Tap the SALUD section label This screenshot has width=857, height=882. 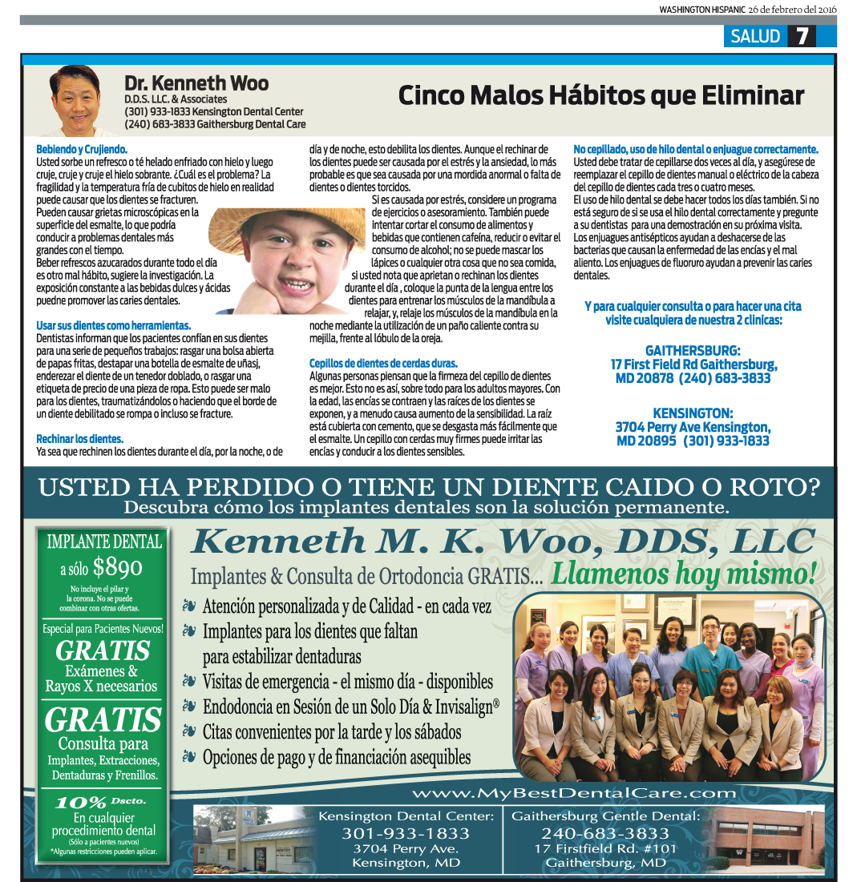tap(754, 36)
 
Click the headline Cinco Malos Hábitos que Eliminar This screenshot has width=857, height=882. tap(600, 96)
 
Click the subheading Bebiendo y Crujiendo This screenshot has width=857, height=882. tap(82, 149)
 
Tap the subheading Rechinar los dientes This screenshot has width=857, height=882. tap(79, 439)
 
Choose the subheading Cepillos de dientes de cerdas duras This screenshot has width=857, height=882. tap(383, 363)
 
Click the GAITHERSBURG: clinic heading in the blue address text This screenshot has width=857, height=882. tap(693, 351)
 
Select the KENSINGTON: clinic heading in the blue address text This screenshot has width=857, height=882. tap(693, 413)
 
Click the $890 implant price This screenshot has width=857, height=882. tap(118, 567)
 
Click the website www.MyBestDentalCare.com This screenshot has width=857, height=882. tap(573, 793)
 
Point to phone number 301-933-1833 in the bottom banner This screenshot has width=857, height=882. tap(406, 833)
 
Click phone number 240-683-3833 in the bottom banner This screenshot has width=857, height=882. tap(604, 833)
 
